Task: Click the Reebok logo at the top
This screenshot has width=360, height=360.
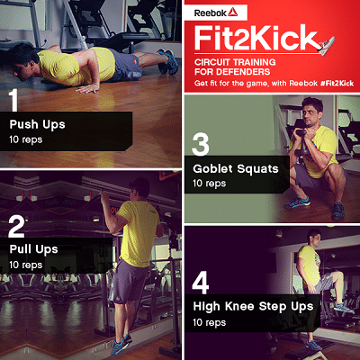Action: [216, 13]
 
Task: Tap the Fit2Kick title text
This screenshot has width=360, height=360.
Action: [256, 38]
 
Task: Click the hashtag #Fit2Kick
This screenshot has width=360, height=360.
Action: [337, 83]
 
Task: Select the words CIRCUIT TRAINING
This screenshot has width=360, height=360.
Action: [235, 62]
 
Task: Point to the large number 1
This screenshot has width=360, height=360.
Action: [13, 100]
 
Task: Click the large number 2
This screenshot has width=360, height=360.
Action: [16, 227]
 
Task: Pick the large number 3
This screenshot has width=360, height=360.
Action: [200, 144]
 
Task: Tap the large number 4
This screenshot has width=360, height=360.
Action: [201, 283]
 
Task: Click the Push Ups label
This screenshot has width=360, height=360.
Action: [37, 124]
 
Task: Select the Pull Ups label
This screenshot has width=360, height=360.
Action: [33, 249]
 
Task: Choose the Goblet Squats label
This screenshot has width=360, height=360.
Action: [236, 169]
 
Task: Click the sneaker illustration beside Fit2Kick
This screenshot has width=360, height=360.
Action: [326, 46]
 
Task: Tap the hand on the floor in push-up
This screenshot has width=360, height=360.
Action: [87, 88]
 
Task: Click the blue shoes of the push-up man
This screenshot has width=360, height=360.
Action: [168, 62]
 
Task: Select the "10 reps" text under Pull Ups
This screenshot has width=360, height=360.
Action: [26, 265]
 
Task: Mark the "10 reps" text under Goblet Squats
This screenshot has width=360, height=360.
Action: [210, 184]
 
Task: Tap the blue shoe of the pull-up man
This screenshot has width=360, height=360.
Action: [121, 344]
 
